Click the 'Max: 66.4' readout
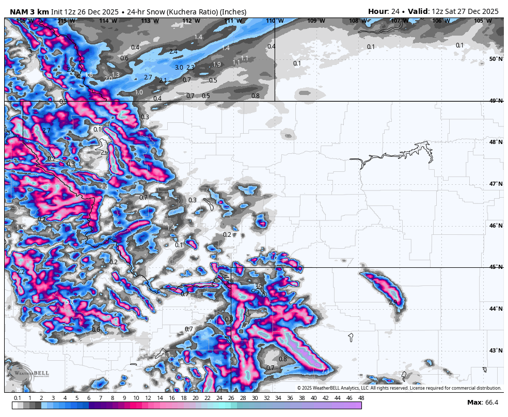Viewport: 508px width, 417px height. point(483,403)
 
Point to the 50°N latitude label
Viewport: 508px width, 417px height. point(496,59)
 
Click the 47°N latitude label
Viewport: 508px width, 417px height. point(496,184)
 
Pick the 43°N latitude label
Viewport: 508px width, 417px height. point(496,351)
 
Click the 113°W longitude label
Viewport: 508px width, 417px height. point(149,21)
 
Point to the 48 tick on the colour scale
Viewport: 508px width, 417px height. point(361,398)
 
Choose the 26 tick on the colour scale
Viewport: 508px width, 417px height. point(231,398)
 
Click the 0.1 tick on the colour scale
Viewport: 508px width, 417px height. point(18,398)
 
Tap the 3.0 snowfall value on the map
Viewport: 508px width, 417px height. point(179,68)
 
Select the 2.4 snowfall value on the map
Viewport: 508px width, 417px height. point(173,52)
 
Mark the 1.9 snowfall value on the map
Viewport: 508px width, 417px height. point(217,65)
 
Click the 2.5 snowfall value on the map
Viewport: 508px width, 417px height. point(393,302)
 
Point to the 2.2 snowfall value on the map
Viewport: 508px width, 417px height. point(21,272)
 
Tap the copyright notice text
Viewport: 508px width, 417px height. point(399,388)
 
